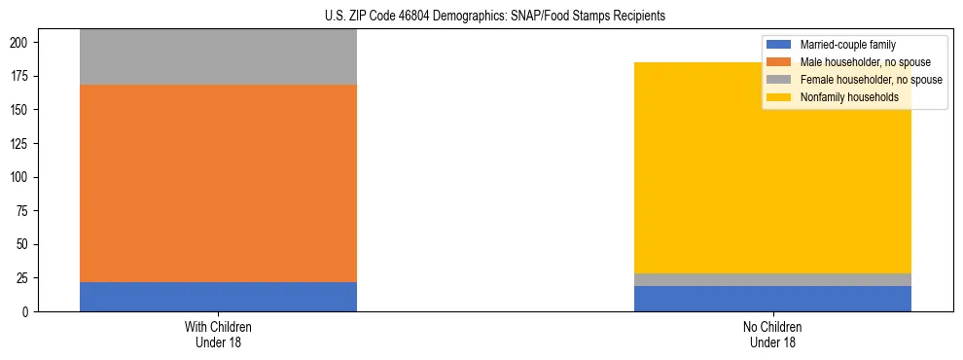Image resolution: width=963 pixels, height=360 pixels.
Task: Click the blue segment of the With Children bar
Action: click(x=218, y=297)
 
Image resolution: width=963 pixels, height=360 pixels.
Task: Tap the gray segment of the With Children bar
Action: click(x=218, y=57)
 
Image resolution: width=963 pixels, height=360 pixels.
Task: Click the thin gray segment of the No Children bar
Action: click(x=772, y=279)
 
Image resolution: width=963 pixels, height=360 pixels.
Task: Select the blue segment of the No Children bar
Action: click(x=772, y=299)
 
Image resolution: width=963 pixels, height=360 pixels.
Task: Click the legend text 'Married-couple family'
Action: click(x=847, y=45)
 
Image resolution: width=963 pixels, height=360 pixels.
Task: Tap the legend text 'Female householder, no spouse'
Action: click(x=871, y=80)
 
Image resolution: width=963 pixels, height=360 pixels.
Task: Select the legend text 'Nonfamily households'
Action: click(x=848, y=97)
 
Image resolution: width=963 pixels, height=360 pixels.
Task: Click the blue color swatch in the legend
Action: click(x=779, y=45)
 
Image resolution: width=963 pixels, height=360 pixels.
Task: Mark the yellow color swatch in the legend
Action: click(x=779, y=97)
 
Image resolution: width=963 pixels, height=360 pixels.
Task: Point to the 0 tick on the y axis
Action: click(x=28, y=312)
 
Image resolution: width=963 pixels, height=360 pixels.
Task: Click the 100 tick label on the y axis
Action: click(x=22, y=177)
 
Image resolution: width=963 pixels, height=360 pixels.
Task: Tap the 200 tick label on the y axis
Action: click(x=22, y=43)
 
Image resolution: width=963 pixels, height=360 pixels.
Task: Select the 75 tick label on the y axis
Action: click(x=25, y=211)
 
